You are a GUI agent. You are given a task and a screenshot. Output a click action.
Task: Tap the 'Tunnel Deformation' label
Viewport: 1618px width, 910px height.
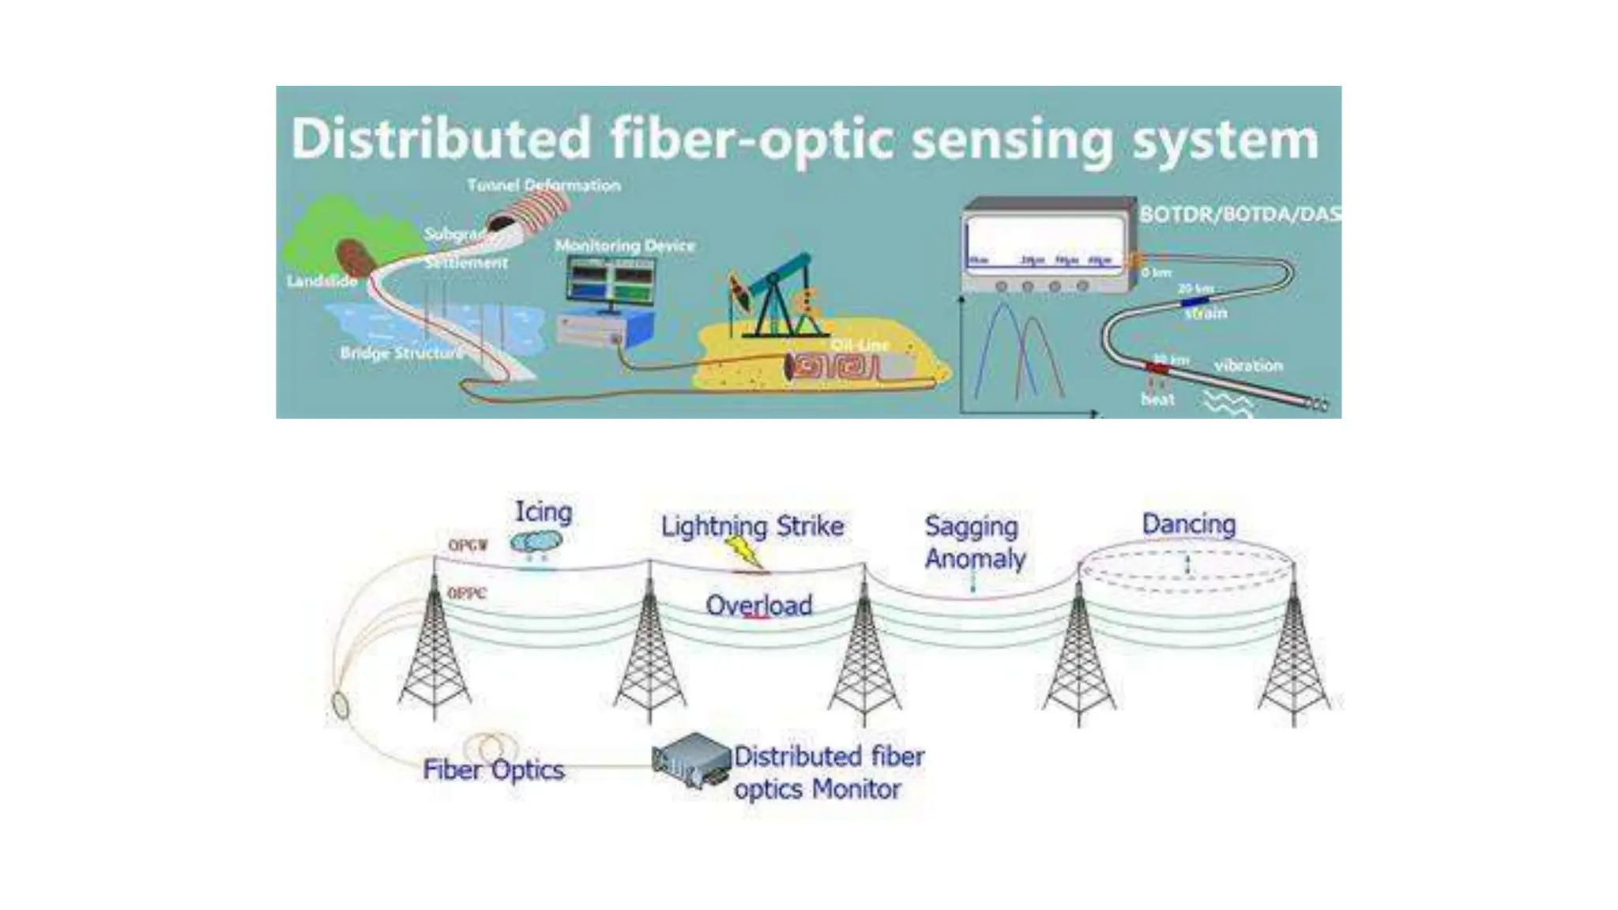[544, 186]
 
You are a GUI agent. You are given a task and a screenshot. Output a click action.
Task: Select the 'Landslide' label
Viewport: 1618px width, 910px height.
[322, 281]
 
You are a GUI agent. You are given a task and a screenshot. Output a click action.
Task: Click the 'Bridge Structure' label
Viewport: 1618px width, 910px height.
[401, 353]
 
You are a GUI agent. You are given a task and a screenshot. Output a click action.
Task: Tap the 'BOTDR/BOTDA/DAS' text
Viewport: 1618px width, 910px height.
[1239, 214]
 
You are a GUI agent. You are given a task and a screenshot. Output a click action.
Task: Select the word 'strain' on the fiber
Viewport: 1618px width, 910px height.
[1206, 314]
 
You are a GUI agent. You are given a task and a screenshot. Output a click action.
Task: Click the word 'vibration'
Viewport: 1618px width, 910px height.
[1248, 366]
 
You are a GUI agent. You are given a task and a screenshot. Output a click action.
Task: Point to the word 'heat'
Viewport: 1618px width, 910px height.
[1157, 400]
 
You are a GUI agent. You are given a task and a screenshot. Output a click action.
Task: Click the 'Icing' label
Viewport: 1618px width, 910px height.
[544, 511]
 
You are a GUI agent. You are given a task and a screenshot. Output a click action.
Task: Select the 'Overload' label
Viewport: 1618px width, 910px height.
[758, 606]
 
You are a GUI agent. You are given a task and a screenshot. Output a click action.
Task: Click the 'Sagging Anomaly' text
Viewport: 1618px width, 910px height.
[974, 543]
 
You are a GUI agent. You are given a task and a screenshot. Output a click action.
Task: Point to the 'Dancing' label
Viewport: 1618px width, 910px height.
[1188, 524]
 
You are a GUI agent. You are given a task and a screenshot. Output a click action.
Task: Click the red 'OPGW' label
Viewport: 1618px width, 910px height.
[468, 545]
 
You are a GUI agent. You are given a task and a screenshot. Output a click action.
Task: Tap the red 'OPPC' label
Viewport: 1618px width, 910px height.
[466, 593]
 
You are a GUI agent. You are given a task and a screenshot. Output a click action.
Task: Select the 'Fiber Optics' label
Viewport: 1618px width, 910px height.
[493, 770]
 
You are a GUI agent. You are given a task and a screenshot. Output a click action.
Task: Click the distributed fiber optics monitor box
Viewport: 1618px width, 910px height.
[690, 760]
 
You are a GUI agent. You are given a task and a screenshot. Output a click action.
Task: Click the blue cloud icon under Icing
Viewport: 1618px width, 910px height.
[536, 542]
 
